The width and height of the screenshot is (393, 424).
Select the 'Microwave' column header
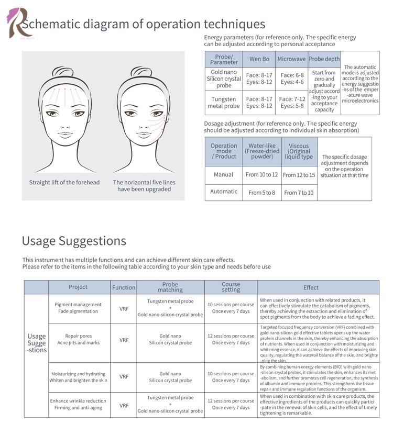point(291,59)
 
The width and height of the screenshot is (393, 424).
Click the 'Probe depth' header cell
point(324,59)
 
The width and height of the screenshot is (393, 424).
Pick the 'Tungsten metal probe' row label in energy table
point(224,102)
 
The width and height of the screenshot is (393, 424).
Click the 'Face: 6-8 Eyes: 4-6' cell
point(291,79)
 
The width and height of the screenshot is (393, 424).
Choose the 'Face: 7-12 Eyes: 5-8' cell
point(291,102)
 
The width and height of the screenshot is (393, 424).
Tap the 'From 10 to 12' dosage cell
point(261,175)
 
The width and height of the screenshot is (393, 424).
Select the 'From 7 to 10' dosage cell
point(299,193)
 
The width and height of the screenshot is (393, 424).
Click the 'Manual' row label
point(224,175)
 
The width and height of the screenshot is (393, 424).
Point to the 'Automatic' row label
point(224,192)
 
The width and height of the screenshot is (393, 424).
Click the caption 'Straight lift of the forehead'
point(64,182)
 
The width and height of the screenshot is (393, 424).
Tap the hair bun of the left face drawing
point(63,72)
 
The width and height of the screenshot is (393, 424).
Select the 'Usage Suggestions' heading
point(74,241)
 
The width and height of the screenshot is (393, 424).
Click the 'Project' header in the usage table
point(78,287)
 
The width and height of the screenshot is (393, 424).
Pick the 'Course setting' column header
point(231,287)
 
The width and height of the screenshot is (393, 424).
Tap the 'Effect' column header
point(311,287)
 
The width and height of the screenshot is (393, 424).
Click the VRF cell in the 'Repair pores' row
point(124,340)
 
